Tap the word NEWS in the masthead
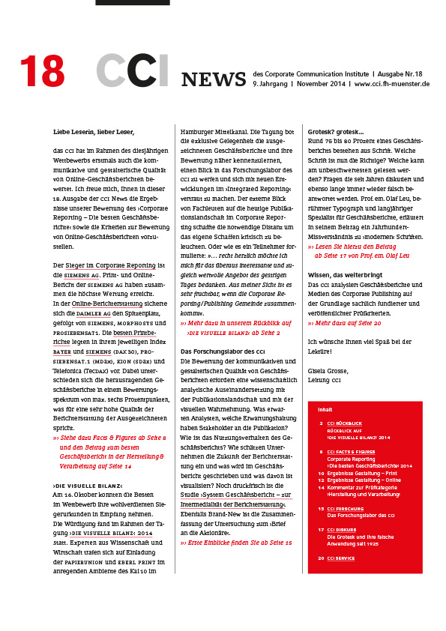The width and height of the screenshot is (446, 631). tap(214, 79)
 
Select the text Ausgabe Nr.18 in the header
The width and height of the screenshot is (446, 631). tap(398, 74)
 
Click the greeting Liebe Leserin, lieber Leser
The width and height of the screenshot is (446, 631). tap(94, 132)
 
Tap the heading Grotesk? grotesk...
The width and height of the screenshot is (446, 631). tap(335, 132)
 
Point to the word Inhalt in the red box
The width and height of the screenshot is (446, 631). tap(325, 409)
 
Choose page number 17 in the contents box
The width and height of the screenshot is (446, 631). tap(320, 529)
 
